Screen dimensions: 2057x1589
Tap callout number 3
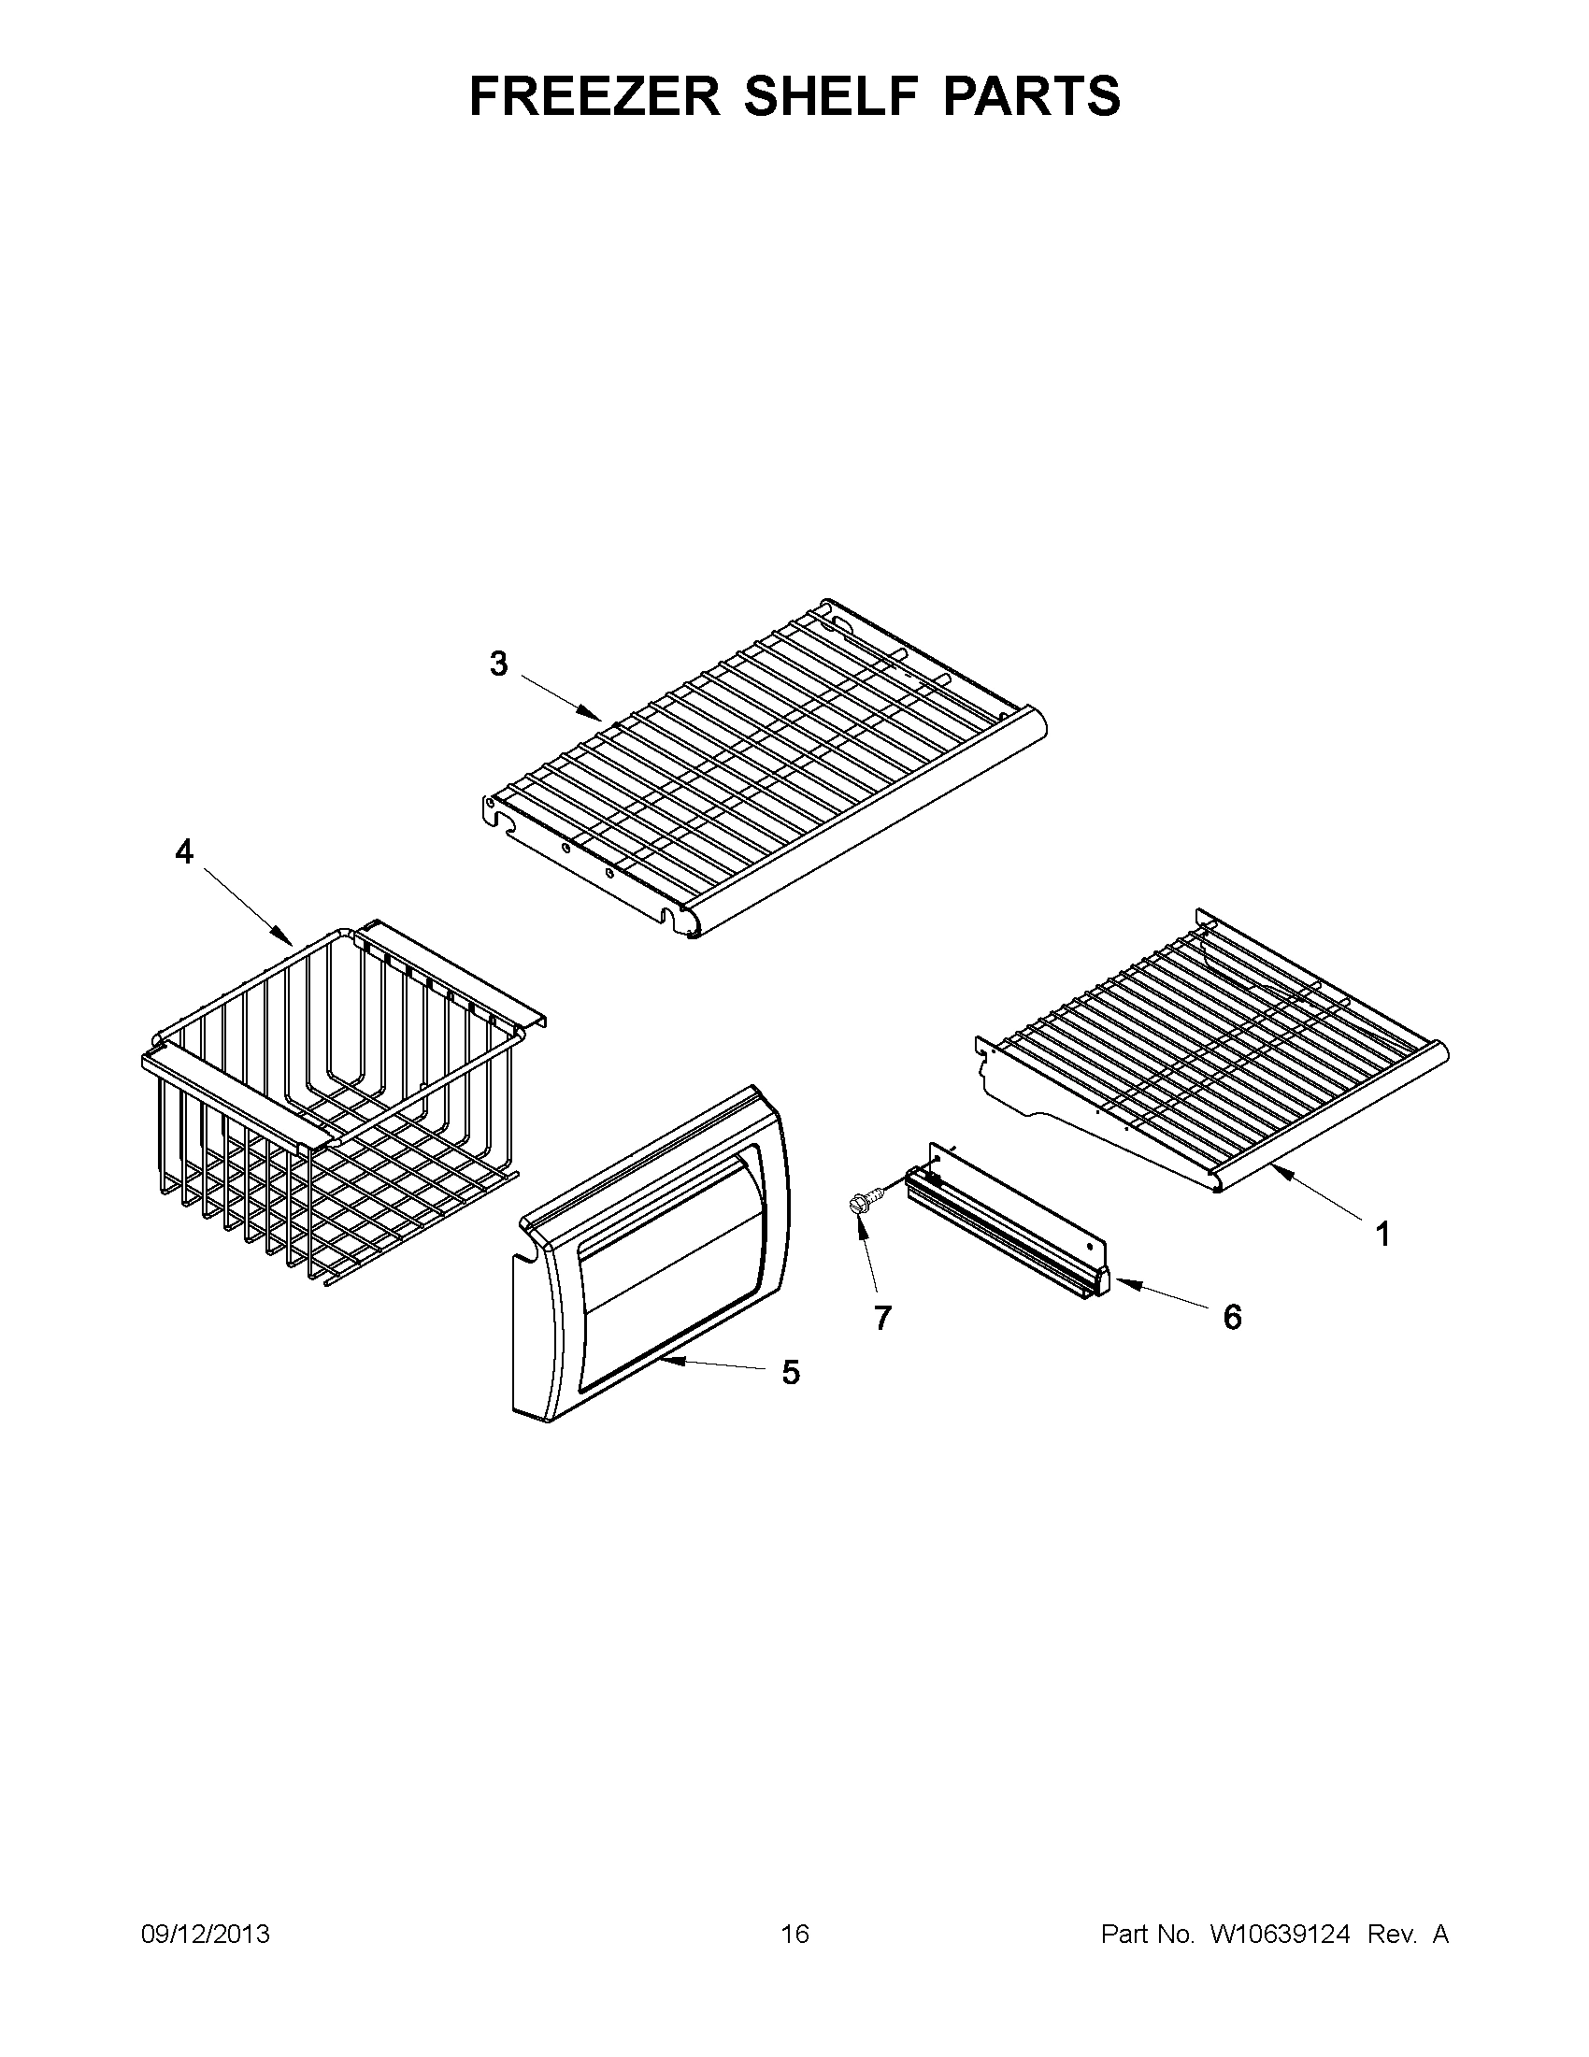coord(498,664)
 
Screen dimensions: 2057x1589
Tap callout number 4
coord(184,852)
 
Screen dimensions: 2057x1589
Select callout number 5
coord(790,1373)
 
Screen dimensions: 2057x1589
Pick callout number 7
coord(881,1319)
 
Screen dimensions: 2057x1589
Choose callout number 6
coord(1232,1317)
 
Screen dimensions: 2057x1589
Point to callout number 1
coord(1382,1234)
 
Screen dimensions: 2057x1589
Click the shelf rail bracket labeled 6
coord(1008,1224)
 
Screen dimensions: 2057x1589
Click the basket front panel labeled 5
coord(650,1262)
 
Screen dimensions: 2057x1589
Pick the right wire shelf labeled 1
coord(1215,1055)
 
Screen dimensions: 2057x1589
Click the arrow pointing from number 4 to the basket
coord(249,907)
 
